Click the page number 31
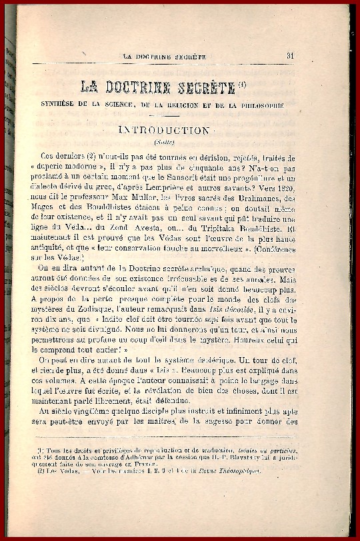(291, 56)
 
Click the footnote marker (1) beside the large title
(245, 84)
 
